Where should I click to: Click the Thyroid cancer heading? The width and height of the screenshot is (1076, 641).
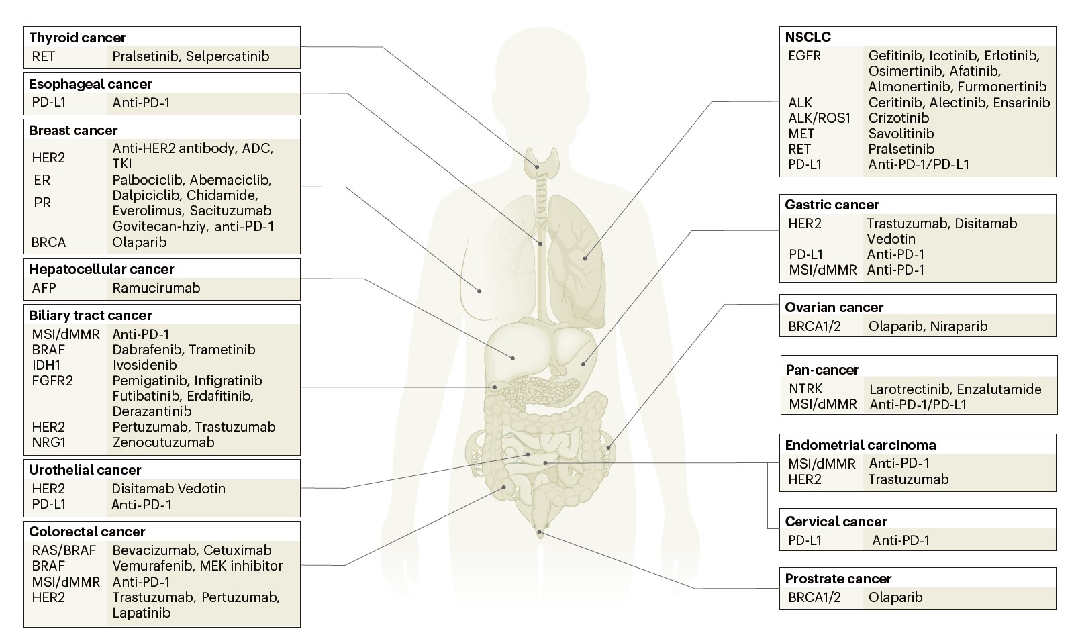(x=77, y=38)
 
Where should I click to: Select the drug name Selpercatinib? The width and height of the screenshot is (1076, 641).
(x=228, y=56)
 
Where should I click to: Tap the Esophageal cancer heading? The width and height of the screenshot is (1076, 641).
(x=91, y=84)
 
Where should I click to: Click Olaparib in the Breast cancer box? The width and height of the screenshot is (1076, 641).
(x=140, y=242)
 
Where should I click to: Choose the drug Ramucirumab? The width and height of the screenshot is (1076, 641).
(x=156, y=288)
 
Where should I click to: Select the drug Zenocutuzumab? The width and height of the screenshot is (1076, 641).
(x=163, y=442)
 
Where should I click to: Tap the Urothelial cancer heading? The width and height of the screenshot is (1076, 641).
(x=85, y=470)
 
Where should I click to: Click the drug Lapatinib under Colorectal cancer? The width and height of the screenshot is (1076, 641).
(x=142, y=613)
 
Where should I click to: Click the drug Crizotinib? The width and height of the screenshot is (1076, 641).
(x=899, y=118)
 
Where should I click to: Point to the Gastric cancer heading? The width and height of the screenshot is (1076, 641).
(x=832, y=205)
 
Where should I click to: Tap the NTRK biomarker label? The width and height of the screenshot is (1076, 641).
(x=805, y=389)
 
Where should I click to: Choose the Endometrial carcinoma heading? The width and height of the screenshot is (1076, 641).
(x=860, y=445)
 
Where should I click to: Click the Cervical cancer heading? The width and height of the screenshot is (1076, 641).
(x=836, y=522)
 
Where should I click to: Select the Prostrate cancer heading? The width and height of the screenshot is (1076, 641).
(x=838, y=579)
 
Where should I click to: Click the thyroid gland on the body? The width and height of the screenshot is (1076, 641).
(x=537, y=161)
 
